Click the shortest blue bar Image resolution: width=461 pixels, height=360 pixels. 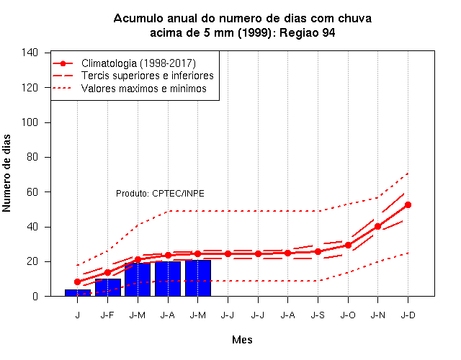click(78, 293)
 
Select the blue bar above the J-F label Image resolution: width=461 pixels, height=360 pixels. click(108, 287)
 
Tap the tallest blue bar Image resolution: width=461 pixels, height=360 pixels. click(198, 278)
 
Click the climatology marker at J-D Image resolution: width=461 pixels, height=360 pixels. click(408, 204)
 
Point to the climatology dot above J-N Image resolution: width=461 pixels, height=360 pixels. click(377, 226)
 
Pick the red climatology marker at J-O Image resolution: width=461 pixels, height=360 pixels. click(348, 245)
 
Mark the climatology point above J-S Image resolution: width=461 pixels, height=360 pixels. click(318, 251)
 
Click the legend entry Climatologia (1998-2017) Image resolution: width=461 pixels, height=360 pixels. click(138, 63)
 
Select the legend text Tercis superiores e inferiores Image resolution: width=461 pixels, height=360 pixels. click(147, 76)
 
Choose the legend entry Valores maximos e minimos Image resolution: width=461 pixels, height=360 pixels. click(144, 89)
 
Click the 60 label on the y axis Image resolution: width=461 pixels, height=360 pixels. click(32, 192)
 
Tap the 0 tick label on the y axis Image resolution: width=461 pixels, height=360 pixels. click(35, 296)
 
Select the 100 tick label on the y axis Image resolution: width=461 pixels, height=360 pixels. click(30, 122)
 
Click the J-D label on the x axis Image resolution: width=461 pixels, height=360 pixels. click(408, 315)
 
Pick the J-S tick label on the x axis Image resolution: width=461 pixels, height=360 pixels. click(318, 315)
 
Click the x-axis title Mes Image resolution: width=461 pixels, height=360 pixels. click(242, 340)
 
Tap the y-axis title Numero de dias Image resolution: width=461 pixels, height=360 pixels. click(6, 173)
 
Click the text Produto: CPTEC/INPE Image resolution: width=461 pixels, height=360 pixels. click(160, 194)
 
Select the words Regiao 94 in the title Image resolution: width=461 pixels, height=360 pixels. click(308, 32)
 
